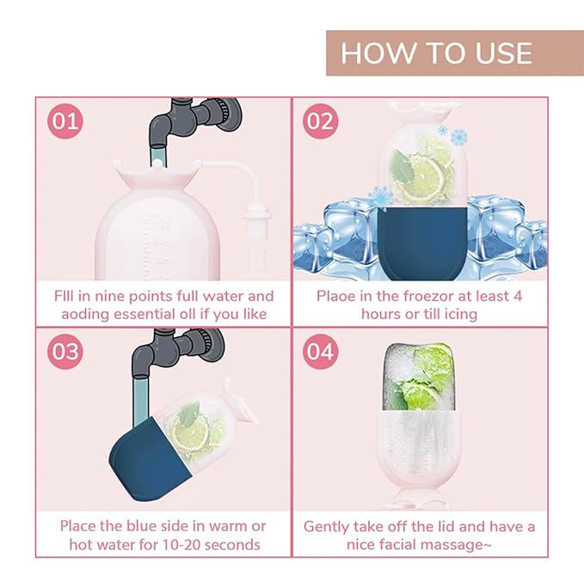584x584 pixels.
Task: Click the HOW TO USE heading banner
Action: [x=455, y=52]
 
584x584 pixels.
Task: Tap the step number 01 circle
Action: [x=65, y=121]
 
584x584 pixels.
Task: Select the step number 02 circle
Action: [x=320, y=121]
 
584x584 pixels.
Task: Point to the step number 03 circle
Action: [x=65, y=352]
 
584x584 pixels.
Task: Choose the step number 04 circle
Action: [x=320, y=352]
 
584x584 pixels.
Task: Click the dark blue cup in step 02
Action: [x=422, y=243]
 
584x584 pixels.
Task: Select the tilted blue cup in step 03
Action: [x=150, y=459]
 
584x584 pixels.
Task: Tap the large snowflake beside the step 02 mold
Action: [x=459, y=137]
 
